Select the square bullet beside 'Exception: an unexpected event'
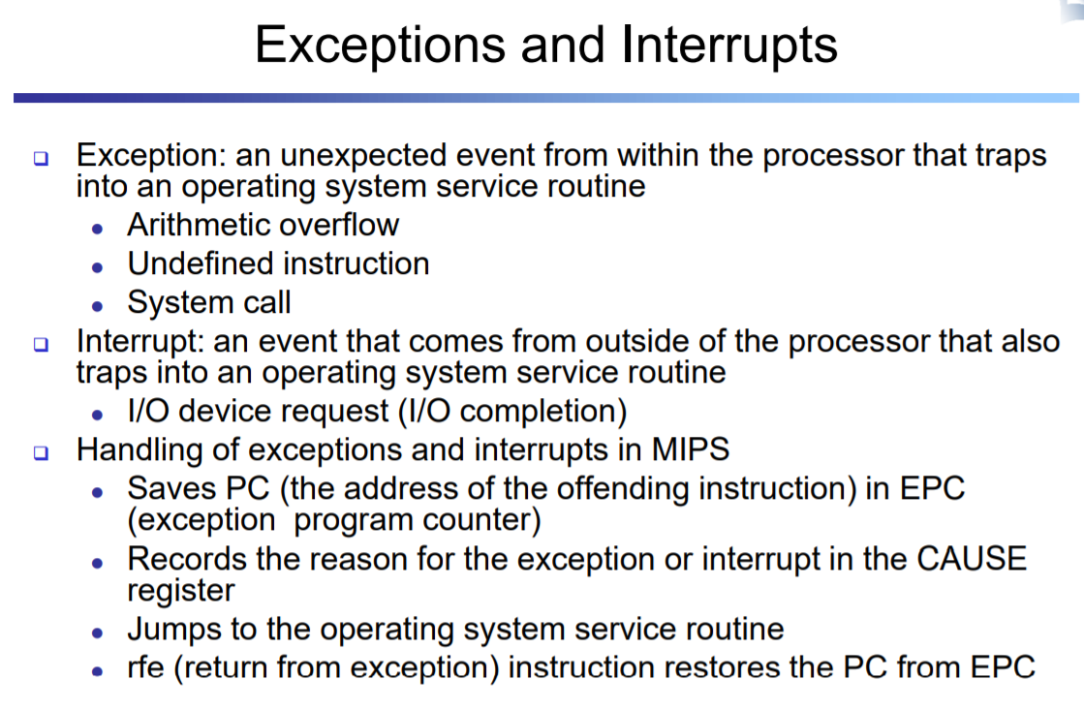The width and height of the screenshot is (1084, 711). pos(42,158)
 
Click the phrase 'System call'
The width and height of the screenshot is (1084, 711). pos(209,302)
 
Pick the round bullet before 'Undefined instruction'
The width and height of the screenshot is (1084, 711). pos(98,267)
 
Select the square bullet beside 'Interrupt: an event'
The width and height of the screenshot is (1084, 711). pos(42,344)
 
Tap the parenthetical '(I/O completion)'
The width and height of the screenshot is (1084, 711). pos(513,411)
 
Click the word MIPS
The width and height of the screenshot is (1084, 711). pos(690,449)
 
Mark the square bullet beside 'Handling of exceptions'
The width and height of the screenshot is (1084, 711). pos(42,452)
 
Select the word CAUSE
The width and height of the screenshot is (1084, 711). pos(972,559)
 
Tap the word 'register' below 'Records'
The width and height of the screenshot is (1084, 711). pos(181,592)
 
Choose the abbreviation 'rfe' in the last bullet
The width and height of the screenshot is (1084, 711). pos(146,667)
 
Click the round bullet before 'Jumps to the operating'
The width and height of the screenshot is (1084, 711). pos(98,633)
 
